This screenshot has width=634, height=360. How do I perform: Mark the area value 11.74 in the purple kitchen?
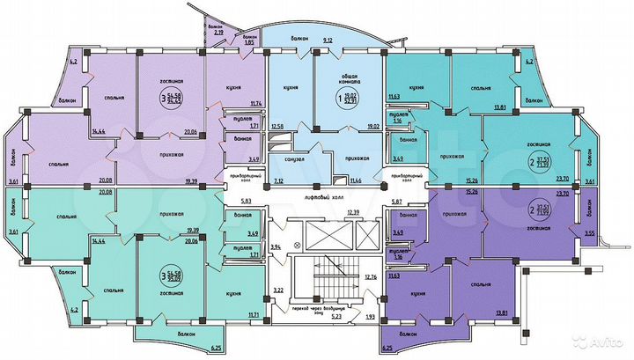click(256, 104)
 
